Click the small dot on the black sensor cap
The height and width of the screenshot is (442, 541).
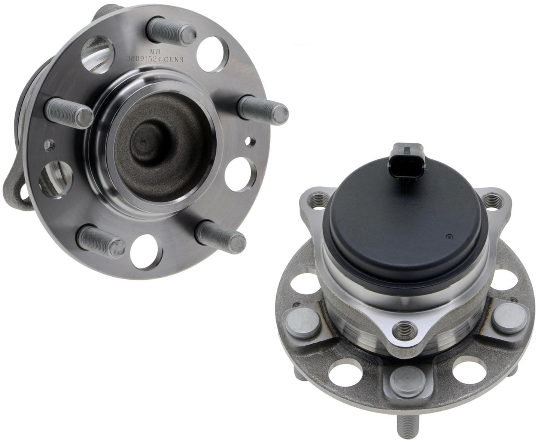(449, 237)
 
